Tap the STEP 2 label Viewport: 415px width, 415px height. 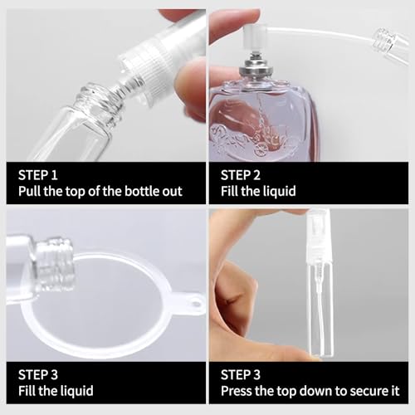[x=242, y=175]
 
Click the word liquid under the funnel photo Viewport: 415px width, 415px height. [x=75, y=390]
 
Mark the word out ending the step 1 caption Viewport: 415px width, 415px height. [x=172, y=192]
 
